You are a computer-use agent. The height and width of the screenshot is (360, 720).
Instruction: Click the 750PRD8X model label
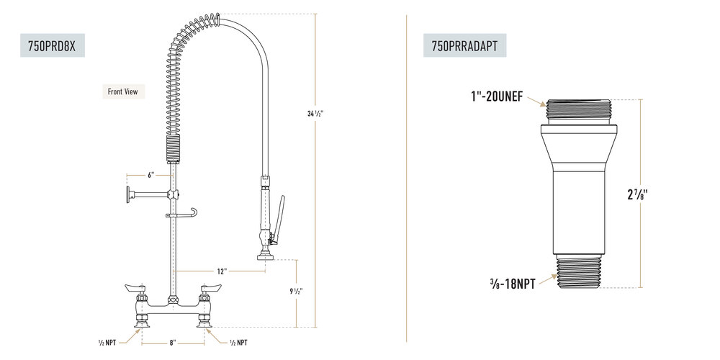[x=52, y=45]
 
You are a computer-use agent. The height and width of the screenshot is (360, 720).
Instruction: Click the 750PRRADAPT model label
[x=464, y=45]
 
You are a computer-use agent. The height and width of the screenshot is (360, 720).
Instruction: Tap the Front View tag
[x=123, y=91]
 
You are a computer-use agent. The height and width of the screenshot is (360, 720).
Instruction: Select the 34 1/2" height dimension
[x=315, y=114]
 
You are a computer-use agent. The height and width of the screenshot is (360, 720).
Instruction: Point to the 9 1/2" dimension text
[x=296, y=291]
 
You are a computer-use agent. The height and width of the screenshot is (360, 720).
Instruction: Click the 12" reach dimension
[x=222, y=271]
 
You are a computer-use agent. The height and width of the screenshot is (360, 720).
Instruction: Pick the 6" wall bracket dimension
[x=150, y=175]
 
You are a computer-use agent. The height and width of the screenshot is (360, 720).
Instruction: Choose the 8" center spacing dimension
[x=173, y=343]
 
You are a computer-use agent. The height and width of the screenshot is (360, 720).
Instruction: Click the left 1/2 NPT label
[x=107, y=343]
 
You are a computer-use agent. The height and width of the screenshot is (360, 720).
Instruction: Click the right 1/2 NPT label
[x=238, y=343]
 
